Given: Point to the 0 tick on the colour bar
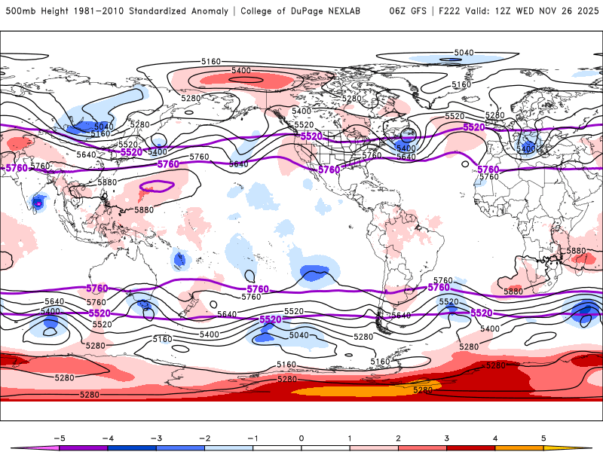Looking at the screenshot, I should click(x=301, y=438).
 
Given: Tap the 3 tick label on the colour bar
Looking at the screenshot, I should click(x=446, y=438).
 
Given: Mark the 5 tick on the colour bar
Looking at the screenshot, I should click(x=543, y=438).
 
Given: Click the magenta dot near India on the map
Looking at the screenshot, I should click(x=38, y=203).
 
